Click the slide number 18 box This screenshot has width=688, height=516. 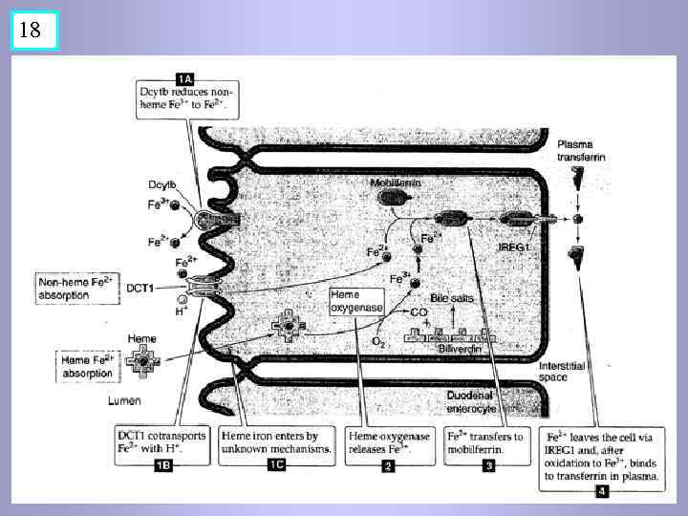[30, 30]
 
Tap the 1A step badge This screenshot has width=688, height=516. [184, 75]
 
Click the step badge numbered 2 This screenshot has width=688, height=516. [389, 467]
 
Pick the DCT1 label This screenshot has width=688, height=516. [141, 287]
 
